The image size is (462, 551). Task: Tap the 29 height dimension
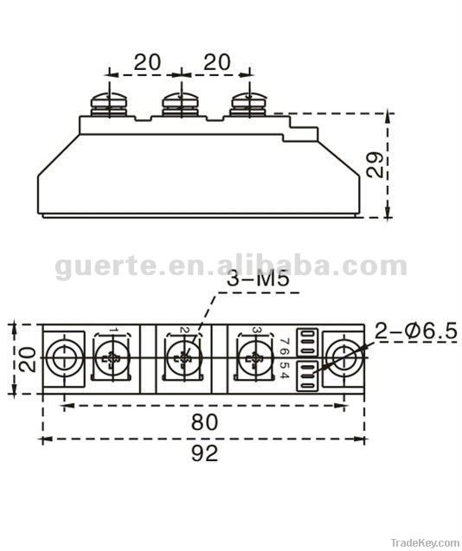tap(374, 164)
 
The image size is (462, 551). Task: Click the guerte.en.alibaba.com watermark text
tap(230, 266)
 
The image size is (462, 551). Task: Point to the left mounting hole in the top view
tap(62, 357)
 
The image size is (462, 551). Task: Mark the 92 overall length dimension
tap(204, 452)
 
